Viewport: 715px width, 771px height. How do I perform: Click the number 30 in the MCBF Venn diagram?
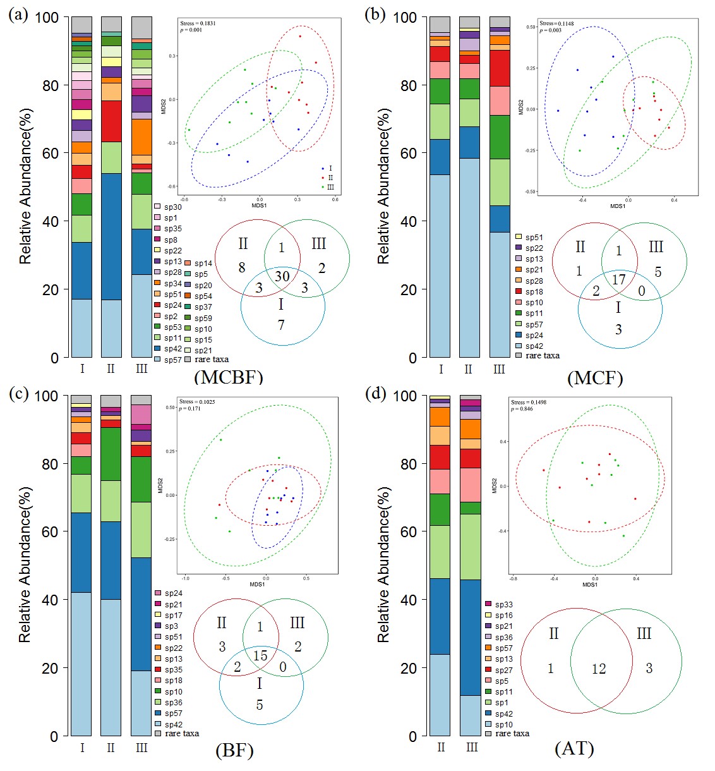[x=282, y=276]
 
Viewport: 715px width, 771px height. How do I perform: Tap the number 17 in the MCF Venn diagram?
[x=619, y=279]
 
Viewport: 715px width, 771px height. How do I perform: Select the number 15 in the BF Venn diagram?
[x=260, y=655]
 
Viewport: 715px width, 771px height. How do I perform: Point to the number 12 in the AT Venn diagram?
[x=598, y=669]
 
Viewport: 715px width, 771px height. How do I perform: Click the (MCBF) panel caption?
[x=228, y=378]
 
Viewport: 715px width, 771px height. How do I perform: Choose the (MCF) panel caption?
[x=595, y=378]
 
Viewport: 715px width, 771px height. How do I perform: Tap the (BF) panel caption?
[x=234, y=751]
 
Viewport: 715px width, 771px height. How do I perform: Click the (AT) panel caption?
[x=574, y=749]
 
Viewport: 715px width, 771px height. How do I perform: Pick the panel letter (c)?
[x=18, y=393]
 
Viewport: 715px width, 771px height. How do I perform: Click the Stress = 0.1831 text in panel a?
[x=198, y=23]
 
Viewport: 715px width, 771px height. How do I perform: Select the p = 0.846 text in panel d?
[x=522, y=409]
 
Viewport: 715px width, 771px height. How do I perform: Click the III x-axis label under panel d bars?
[x=471, y=748]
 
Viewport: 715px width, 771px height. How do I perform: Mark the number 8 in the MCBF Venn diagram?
[x=242, y=267]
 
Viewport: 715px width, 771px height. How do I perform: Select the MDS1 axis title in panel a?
[x=259, y=205]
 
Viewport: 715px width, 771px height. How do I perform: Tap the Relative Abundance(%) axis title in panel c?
[x=25, y=564]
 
